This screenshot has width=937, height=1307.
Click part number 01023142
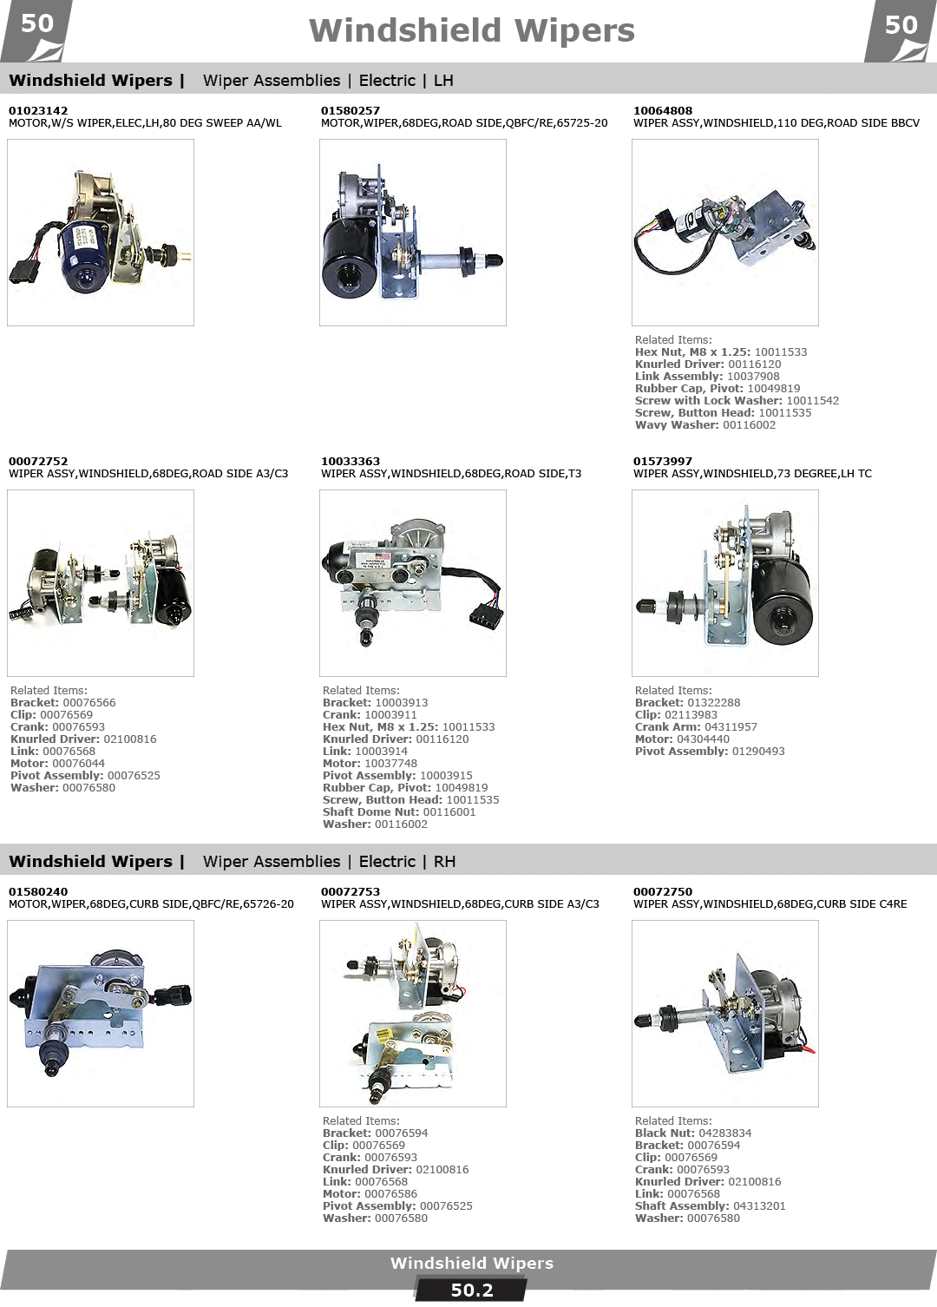point(38,110)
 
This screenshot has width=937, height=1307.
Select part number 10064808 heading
point(663,110)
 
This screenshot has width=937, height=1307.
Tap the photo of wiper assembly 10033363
point(412,583)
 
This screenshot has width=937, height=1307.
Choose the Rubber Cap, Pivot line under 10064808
point(717,389)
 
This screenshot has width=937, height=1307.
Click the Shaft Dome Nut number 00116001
point(449,811)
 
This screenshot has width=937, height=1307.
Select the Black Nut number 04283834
point(724,1133)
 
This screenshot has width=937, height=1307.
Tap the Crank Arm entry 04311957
point(730,727)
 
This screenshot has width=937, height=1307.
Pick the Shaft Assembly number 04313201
point(759,1205)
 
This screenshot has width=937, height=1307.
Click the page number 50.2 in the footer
point(472,1290)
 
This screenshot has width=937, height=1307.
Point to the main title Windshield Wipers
point(471,30)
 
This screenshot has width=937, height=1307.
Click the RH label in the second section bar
point(444,861)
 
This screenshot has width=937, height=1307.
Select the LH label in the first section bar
point(443,81)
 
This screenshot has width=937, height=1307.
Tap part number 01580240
point(38,891)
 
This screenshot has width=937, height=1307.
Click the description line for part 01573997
point(752,473)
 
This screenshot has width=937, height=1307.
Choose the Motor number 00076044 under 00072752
point(79,763)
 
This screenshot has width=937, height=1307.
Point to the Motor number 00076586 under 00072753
point(391,1194)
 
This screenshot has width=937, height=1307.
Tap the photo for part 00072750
point(724,1014)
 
